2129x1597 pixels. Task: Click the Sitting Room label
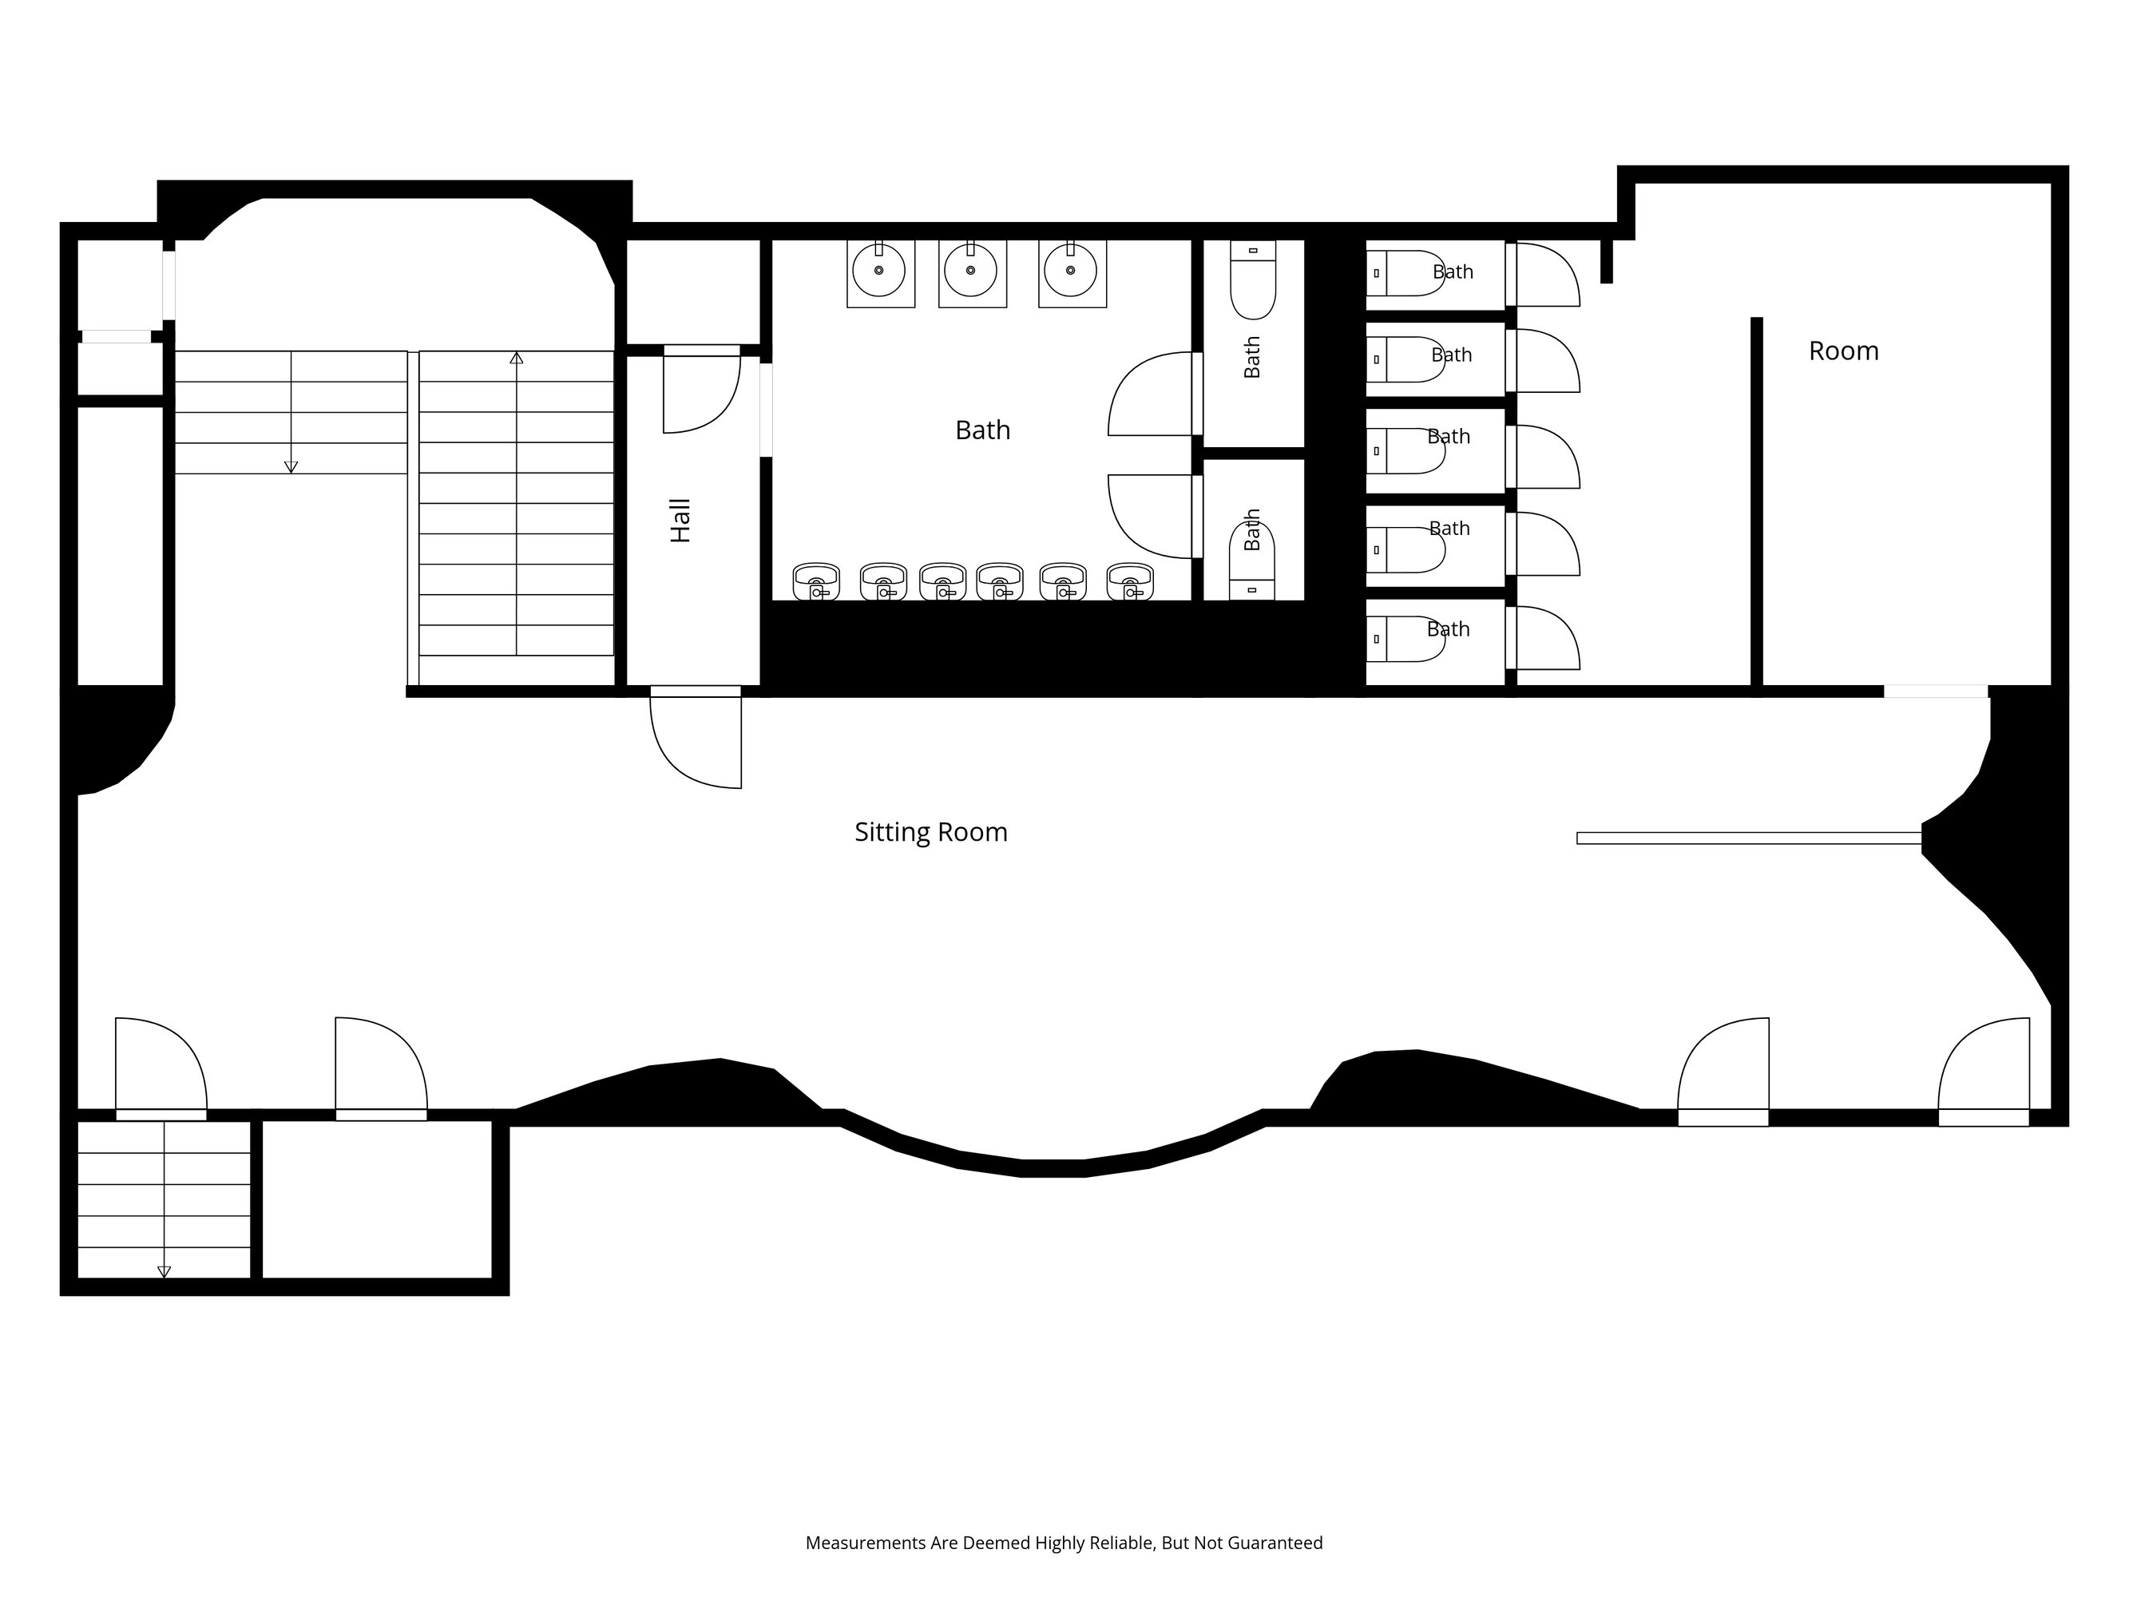pyautogui.click(x=930, y=832)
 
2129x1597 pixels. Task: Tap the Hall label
pyautogui.click(x=680, y=521)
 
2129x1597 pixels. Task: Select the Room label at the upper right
pyautogui.click(x=1843, y=351)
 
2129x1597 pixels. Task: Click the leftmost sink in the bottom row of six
pyautogui.click(x=816, y=581)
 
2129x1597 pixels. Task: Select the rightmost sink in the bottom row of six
pyautogui.click(x=1130, y=581)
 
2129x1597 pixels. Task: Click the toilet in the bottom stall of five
pyautogui.click(x=1405, y=639)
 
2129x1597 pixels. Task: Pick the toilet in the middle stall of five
pyautogui.click(x=1405, y=450)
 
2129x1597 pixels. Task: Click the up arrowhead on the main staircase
pyautogui.click(x=517, y=358)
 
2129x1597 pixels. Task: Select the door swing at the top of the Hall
pyautogui.click(x=703, y=390)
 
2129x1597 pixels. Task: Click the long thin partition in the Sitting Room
pyautogui.click(x=1749, y=838)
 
